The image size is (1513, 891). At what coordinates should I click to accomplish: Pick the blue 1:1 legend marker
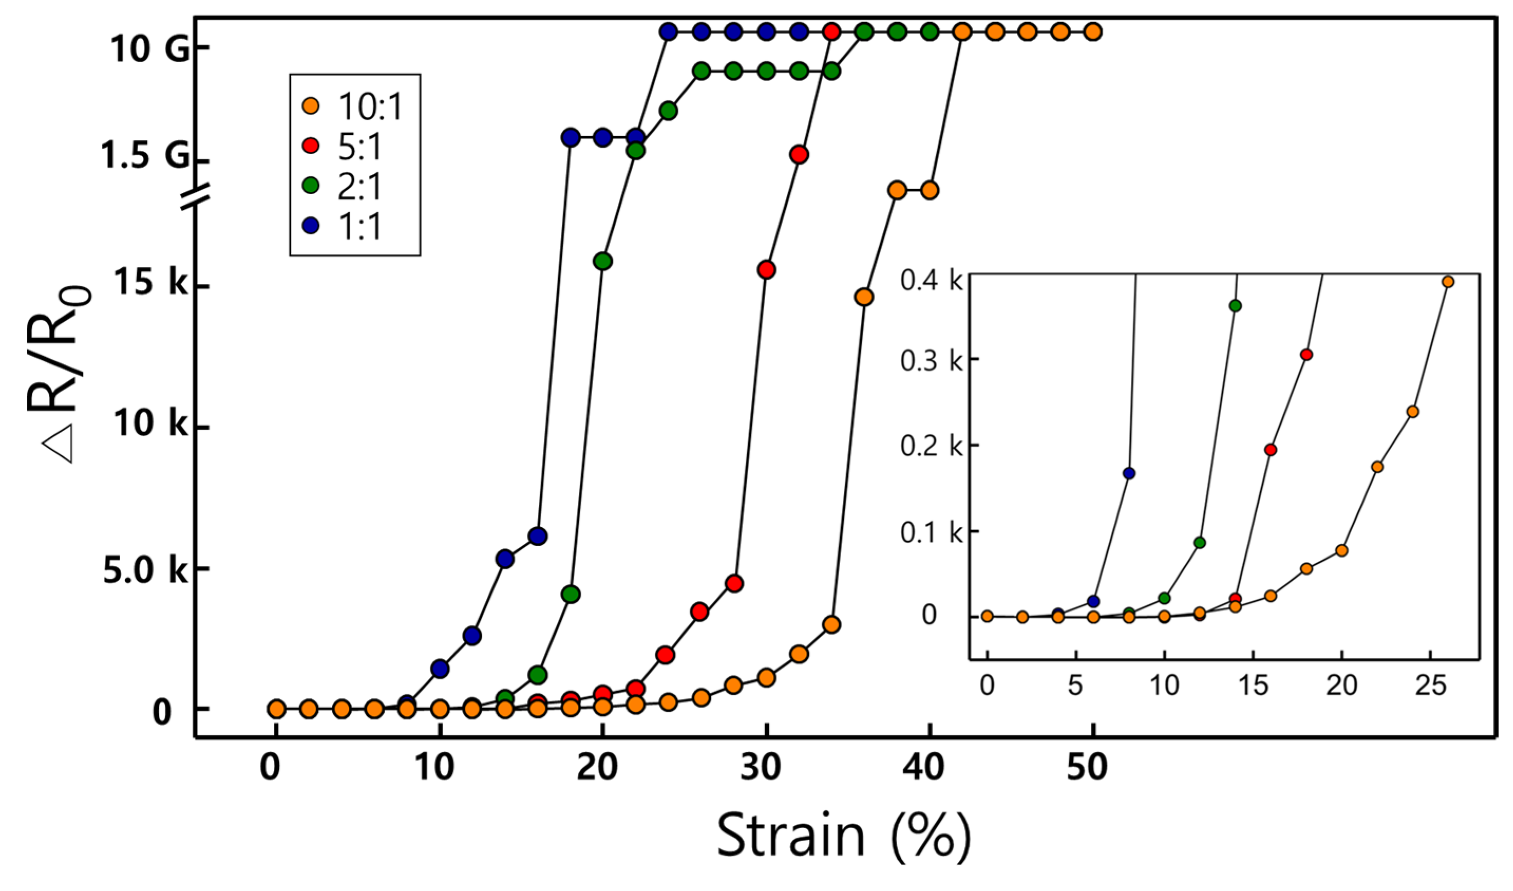point(312,226)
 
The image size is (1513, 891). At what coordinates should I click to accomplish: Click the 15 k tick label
point(151,283)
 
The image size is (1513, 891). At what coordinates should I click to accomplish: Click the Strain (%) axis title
point(843,835)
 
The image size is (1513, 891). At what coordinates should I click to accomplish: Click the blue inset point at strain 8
point(1129,473)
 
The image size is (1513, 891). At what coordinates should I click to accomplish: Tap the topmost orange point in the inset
point(1448,282)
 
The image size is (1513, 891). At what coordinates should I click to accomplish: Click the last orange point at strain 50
point(1093,32)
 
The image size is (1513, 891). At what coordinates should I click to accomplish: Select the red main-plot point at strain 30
point(766,270)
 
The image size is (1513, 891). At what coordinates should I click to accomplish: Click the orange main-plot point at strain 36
point(864,296)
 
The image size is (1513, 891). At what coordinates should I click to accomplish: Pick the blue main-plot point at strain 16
point(538,536)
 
